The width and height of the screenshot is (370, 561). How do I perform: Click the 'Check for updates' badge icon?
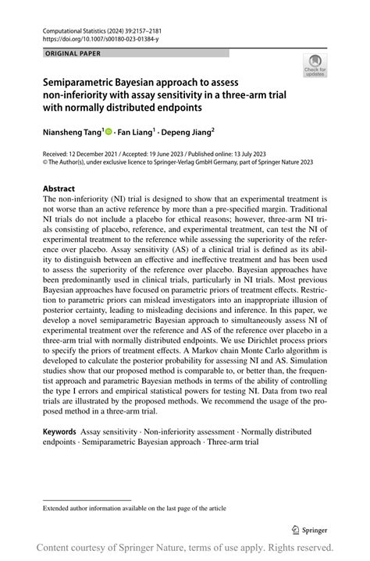pyautogui.click(x=314, y=66)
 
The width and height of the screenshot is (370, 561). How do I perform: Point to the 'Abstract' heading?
pyautogui.click(x=59, y=189)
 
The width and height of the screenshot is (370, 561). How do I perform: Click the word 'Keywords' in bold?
pyautogui.click(x=60, y=431)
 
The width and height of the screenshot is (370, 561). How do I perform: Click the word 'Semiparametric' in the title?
pyautogui.click(x=80, y=81)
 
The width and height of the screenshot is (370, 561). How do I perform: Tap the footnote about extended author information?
pyautogui.click(x=134, y=508)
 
